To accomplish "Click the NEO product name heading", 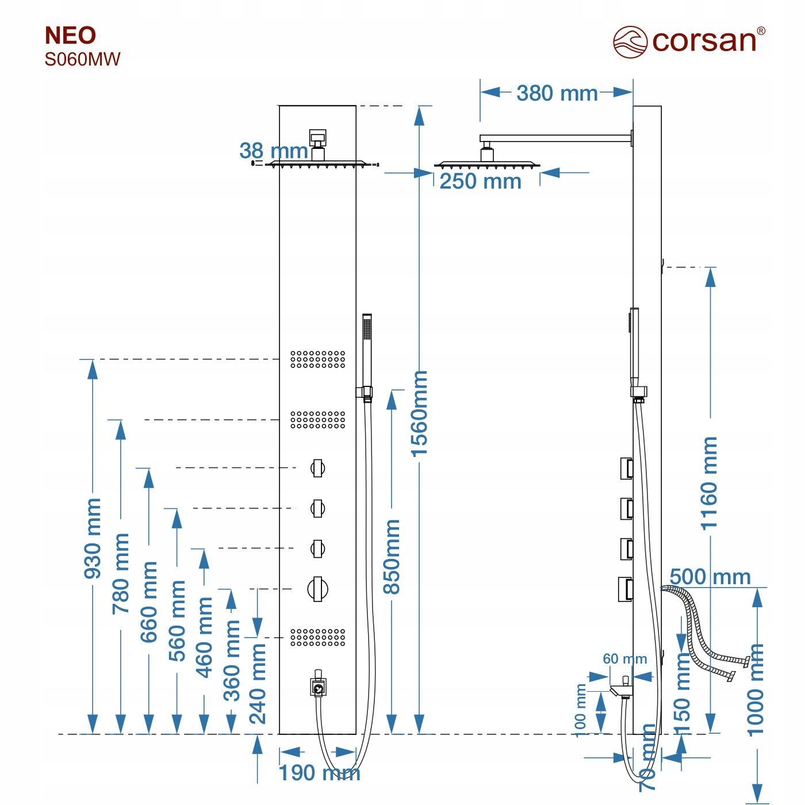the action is click(x=70, y=36).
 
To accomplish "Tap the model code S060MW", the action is click(x=82, y=59).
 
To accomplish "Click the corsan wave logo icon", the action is click(x=630, y=42).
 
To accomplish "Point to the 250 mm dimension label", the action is click(x=480, y=181).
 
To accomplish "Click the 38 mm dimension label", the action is click(x=274, y=151).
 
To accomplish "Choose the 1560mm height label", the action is click(x=419, y=413).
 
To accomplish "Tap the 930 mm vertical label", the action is click(x=93, y=538).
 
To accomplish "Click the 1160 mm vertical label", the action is click(x=708, y=483).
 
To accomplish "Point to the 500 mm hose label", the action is click(x=710, y=577).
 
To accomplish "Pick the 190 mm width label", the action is click(x=319, y=773).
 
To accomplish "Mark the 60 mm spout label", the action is click(x=624, y=659).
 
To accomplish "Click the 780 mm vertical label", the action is click(x=121, y=573).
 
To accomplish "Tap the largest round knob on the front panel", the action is click(x=317, y=589).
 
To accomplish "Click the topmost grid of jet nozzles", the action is click(x=318, y=359).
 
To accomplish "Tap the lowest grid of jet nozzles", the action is click(x=318, y=638).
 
